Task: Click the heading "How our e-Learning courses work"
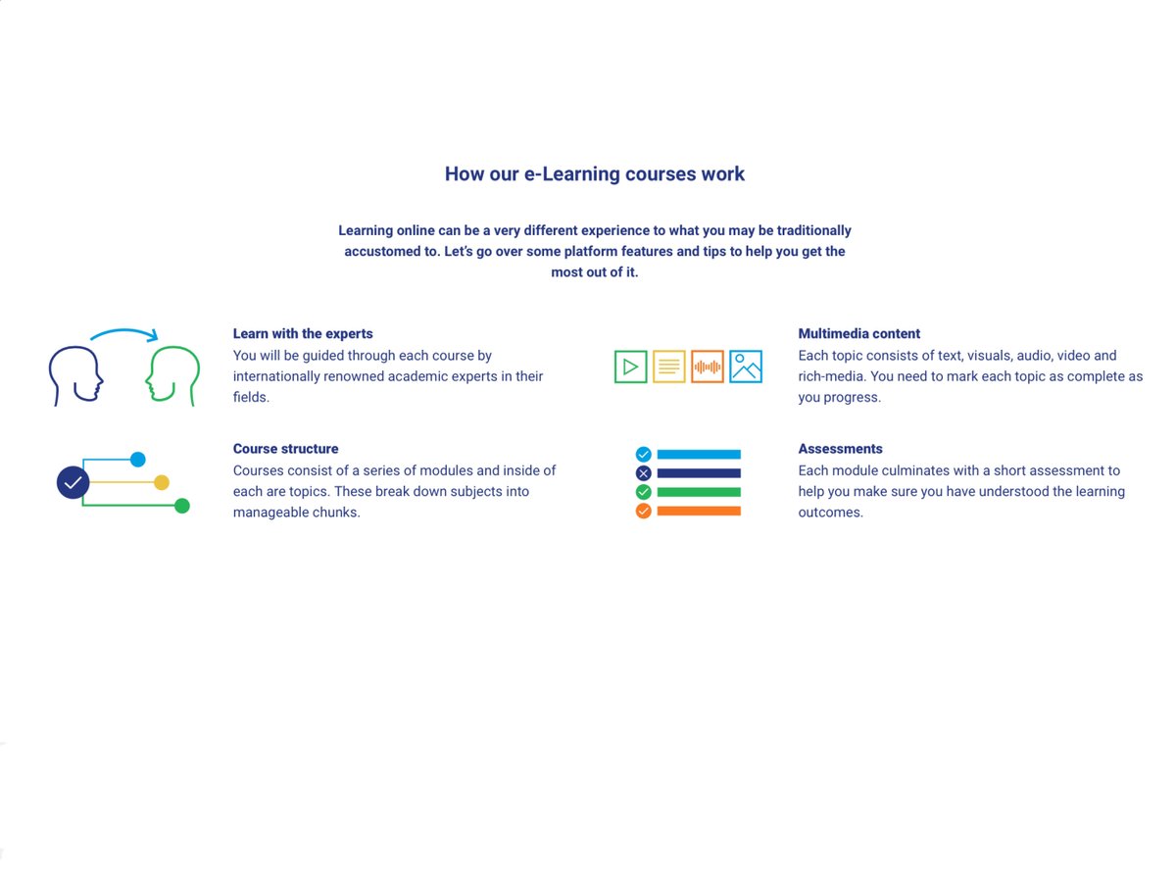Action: (594, 174)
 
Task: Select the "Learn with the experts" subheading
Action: (303, 334)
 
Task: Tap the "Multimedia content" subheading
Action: (859, 334)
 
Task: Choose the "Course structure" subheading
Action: (285, 449)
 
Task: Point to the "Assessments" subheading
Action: (840, 449)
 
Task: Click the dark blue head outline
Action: (75, 375)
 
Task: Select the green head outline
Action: (173, 375)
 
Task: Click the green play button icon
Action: (630, 367)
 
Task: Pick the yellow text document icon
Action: (668, 367)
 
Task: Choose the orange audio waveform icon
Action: (707, 367)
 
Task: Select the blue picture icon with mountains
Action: (746, 367)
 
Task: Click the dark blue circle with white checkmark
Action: (73, 482)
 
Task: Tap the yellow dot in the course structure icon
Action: (162, 482)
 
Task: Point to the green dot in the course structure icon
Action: (181, 506)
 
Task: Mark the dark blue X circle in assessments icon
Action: (643, 473)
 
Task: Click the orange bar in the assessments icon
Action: (699, 511)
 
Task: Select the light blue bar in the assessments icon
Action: (699, 455)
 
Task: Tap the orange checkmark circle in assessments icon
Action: (643, 511)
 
